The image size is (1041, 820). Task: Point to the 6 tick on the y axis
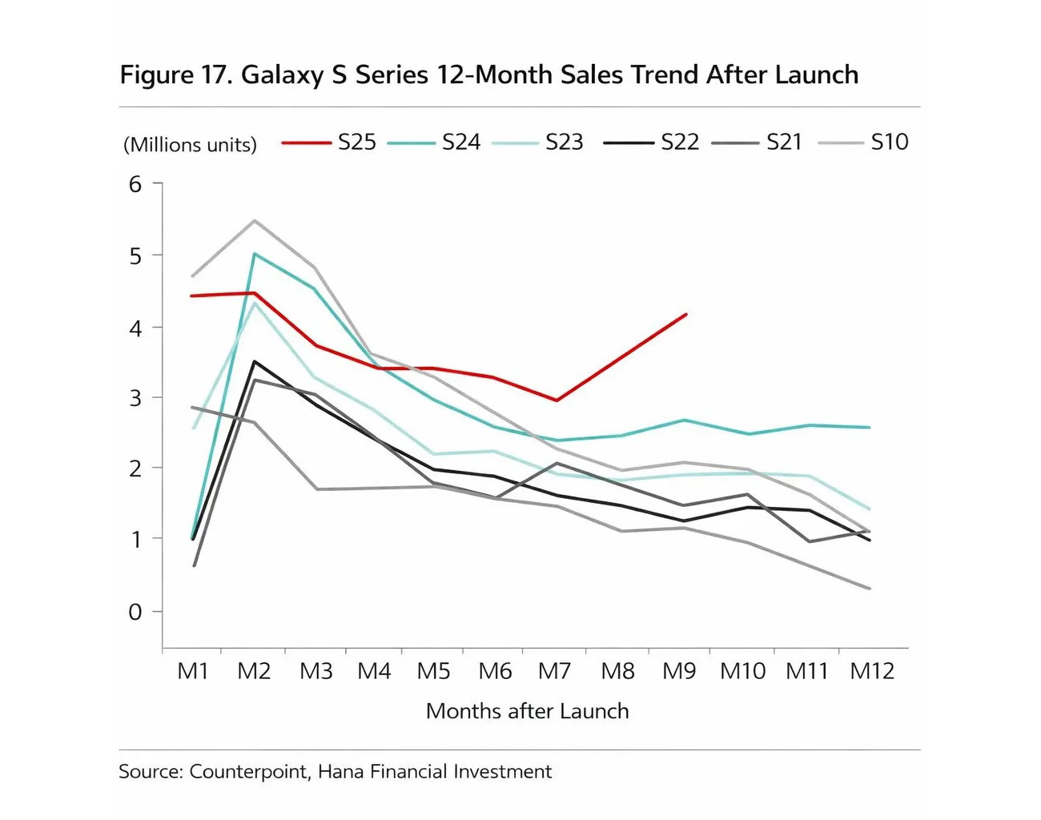point(135,184)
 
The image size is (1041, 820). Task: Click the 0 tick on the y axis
point(135,612)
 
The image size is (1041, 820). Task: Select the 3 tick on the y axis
point(135,398)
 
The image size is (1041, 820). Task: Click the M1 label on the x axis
point(192,671)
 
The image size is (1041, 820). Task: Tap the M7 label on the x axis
point(554,671)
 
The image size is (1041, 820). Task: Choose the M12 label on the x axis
point(871,671)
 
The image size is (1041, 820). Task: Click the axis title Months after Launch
point(527,711)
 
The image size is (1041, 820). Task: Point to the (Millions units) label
point(190,145)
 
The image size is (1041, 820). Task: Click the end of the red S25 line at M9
point(686,315)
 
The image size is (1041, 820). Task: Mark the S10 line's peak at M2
point(255,220)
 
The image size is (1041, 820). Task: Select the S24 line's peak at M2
point(255,254)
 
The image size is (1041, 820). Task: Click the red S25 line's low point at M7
point(557,400)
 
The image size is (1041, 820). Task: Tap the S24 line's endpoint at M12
point(870,428)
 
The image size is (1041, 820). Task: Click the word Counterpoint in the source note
point(249,772)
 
